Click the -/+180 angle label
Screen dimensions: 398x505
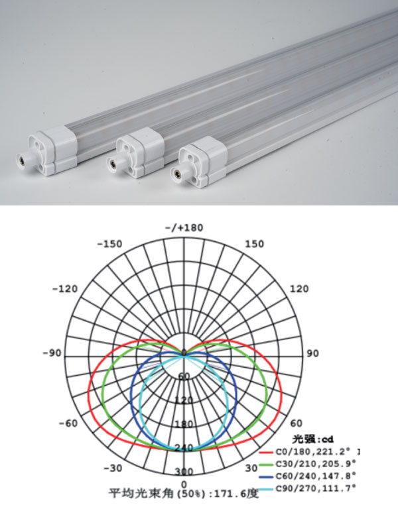(184, 228)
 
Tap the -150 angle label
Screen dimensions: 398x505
(110, 244)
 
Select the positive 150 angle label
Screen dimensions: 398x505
(254, 244)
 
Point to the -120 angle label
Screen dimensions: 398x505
(65, 289)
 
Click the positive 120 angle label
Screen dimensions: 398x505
(299, 289)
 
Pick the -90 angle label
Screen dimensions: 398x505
(52, 353)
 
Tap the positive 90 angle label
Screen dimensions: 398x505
(312, 354)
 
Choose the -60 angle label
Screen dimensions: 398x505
(68, 423)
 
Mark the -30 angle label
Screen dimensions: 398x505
(113, 468)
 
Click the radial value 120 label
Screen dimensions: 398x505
(184, 400)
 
